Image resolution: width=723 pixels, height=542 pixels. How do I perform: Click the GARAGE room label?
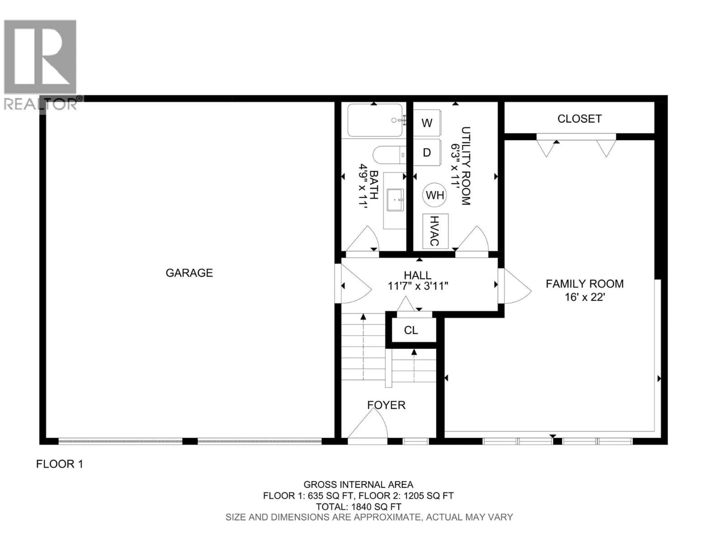pos(189,273)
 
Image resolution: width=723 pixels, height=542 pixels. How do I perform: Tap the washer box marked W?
pos(427,123)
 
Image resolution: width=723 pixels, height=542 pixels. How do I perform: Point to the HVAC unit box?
pos(435,231)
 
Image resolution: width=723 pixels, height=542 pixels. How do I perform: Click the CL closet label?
pos(411,330)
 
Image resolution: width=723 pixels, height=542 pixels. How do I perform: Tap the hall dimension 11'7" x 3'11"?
pos(418,286)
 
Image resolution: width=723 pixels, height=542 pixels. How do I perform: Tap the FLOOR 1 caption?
pos(59,464)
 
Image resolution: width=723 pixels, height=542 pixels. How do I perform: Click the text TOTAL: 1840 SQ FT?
pos(358,507)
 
